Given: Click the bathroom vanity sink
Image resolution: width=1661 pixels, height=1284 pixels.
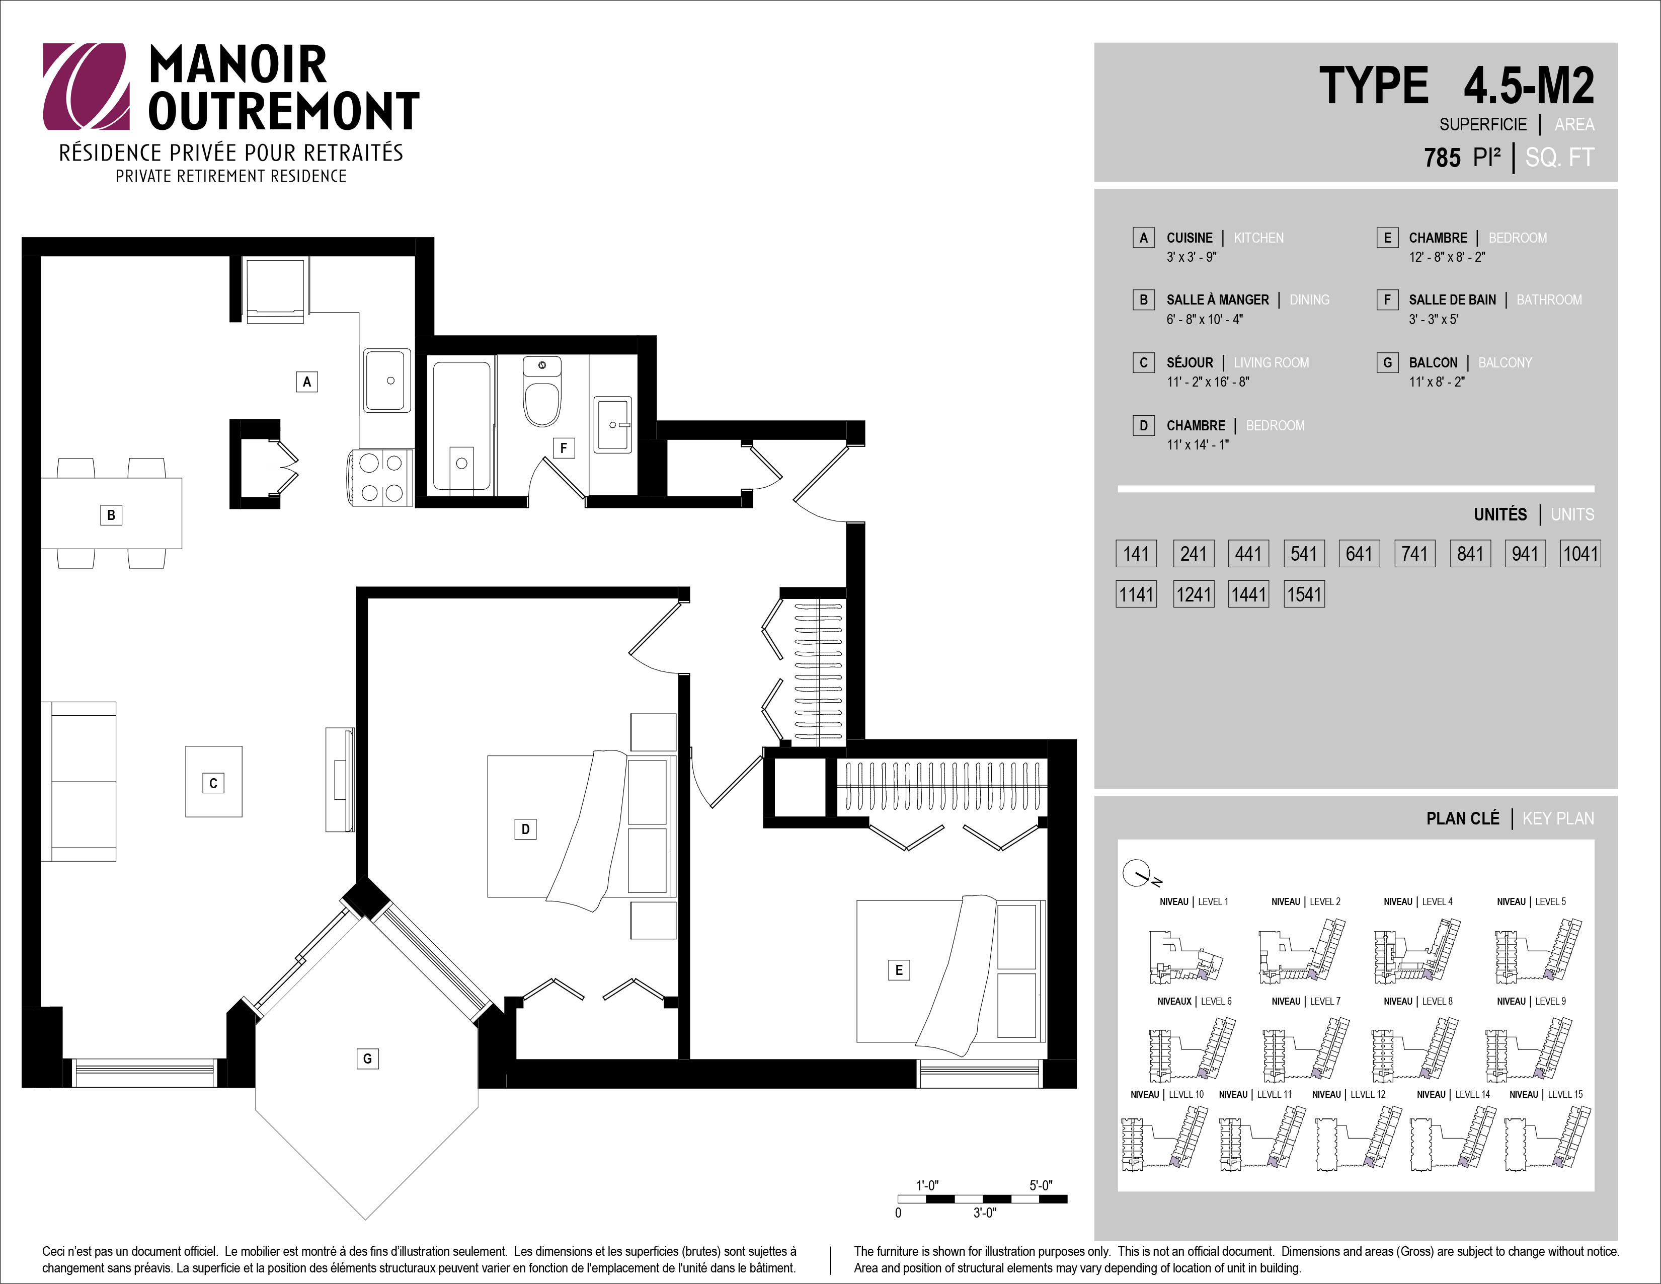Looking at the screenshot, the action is (x=612, y=424).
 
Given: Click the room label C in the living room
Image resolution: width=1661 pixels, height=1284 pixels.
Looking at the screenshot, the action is (x=213, y=783).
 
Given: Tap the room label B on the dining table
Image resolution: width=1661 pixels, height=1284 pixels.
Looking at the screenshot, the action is (x=111, y=515).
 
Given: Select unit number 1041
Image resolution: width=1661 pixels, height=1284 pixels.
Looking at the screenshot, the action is (x=1580, y=553).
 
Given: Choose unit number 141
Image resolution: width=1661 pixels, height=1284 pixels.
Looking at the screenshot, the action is (x=1136, y=553).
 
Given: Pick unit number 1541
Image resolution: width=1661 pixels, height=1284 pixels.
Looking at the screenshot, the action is (x=1304, y=594).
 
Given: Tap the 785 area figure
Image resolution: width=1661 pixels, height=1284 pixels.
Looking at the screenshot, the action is (x=1442, y=158).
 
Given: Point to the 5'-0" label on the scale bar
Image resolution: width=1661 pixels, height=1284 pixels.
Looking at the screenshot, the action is (x=1041, y=1185).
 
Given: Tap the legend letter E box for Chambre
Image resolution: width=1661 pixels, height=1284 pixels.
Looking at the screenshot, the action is (x=1387, y=238).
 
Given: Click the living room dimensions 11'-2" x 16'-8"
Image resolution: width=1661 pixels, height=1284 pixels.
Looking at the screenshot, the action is (x=1208, y=382).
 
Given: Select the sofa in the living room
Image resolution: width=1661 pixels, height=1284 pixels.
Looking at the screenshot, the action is (x=78, y=781).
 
